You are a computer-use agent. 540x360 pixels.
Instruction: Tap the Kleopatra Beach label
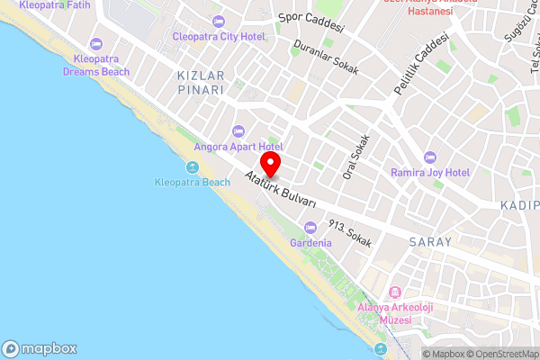[x=192, y=182]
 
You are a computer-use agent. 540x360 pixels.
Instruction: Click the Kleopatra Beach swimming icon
[x=192, y=167]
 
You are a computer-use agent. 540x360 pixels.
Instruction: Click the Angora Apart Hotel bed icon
[x=238, y=131]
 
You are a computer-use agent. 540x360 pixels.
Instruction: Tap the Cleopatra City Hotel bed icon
[x=219, y=21]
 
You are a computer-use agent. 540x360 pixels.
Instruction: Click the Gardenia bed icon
[x=310, y=228]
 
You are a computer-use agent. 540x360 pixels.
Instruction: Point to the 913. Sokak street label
[x=349, y=234]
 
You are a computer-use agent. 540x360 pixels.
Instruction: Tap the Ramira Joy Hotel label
[x=429, y=171]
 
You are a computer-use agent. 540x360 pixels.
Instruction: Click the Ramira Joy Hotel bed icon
[x=429, y=156]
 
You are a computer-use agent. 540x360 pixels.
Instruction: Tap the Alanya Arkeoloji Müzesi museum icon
[x=395, y=292]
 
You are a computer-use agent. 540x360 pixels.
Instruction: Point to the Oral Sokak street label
[x=355, y=157]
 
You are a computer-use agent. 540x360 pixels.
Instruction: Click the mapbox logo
[x=40, y=348]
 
